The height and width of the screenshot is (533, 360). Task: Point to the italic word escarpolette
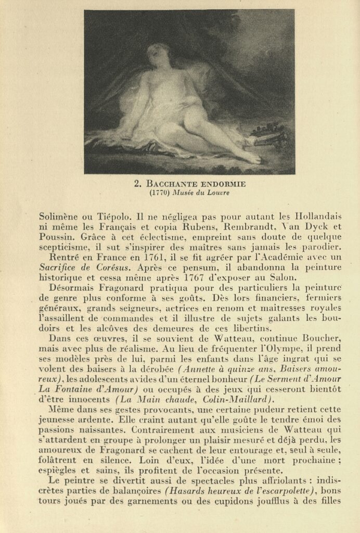[289, 491]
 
